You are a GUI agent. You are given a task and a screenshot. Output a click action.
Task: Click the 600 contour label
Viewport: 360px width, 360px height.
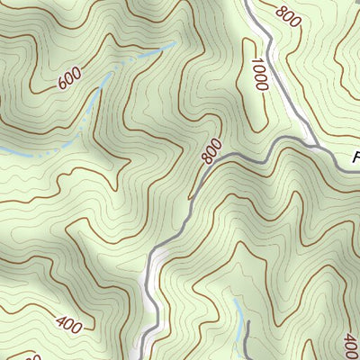(x=69, y=80)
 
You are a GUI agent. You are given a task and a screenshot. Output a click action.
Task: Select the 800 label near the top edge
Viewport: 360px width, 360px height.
(x=288, y=15)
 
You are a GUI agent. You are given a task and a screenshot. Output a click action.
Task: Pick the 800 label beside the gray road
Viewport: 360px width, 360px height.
(x=211, y=151)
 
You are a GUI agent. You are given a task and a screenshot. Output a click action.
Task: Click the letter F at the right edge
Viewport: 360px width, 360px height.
(x=355, y=158)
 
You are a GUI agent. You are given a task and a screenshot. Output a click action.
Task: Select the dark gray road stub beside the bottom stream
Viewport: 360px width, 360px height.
(x=245, y=342)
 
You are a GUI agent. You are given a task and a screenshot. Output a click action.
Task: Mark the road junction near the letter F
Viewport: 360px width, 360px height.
(x=314, y=144)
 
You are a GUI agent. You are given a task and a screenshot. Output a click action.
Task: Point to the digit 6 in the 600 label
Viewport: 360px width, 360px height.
(x=62, y=85)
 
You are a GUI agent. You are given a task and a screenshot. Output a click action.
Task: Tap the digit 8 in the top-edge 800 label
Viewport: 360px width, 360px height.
(x=282, y=10)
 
